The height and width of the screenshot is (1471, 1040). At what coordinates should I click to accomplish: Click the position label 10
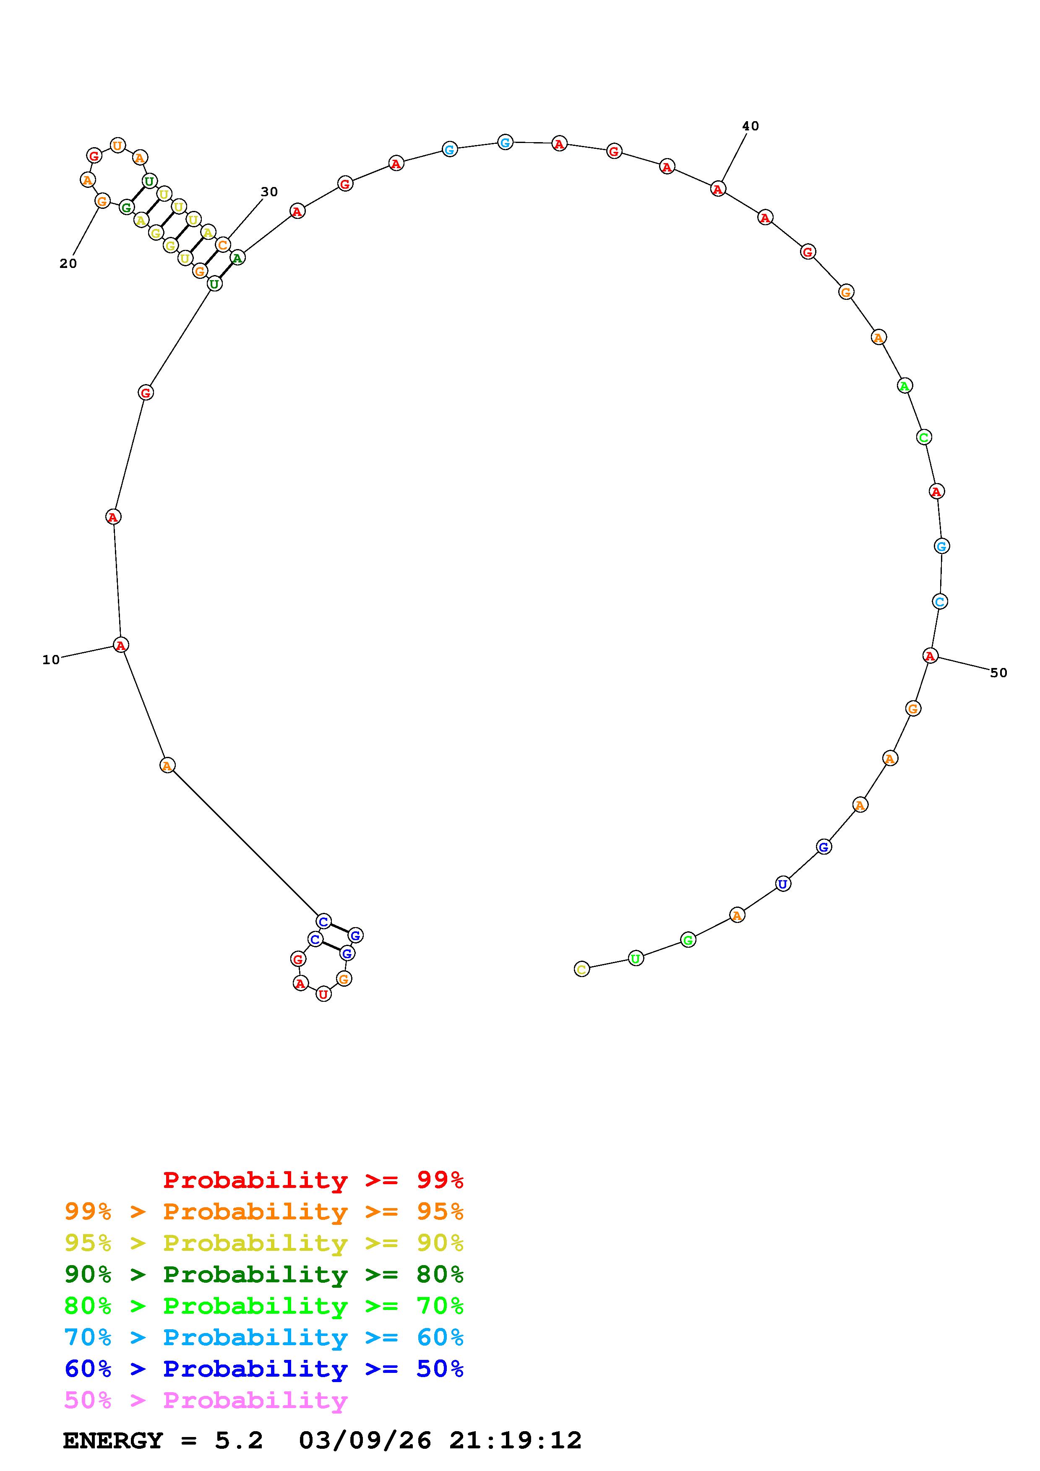coord(51,660)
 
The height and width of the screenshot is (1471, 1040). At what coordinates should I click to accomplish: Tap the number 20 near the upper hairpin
coord(68,263)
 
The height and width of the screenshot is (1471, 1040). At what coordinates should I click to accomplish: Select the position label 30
coord(269,192)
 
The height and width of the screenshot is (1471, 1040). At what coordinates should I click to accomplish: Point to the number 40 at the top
coord(751,126)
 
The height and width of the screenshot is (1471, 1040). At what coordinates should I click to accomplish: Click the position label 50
coord(998,673)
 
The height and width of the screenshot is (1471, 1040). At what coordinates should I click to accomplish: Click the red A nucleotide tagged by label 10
coord(120,645)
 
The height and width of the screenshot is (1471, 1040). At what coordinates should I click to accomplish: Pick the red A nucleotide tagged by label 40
coord(718,189)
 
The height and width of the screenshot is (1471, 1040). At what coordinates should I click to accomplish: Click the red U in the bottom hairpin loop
coord(323,994)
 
